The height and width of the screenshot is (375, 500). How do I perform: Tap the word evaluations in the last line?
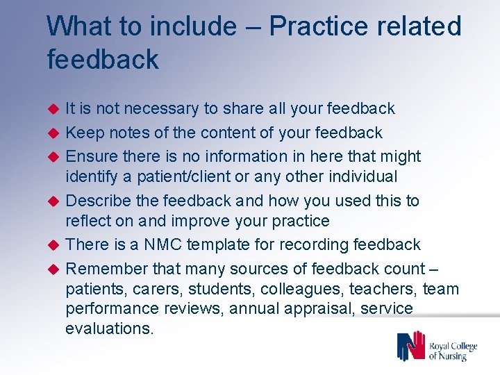(x=109, y=328)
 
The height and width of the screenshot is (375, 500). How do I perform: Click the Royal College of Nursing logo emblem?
(x=410, y=345)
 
